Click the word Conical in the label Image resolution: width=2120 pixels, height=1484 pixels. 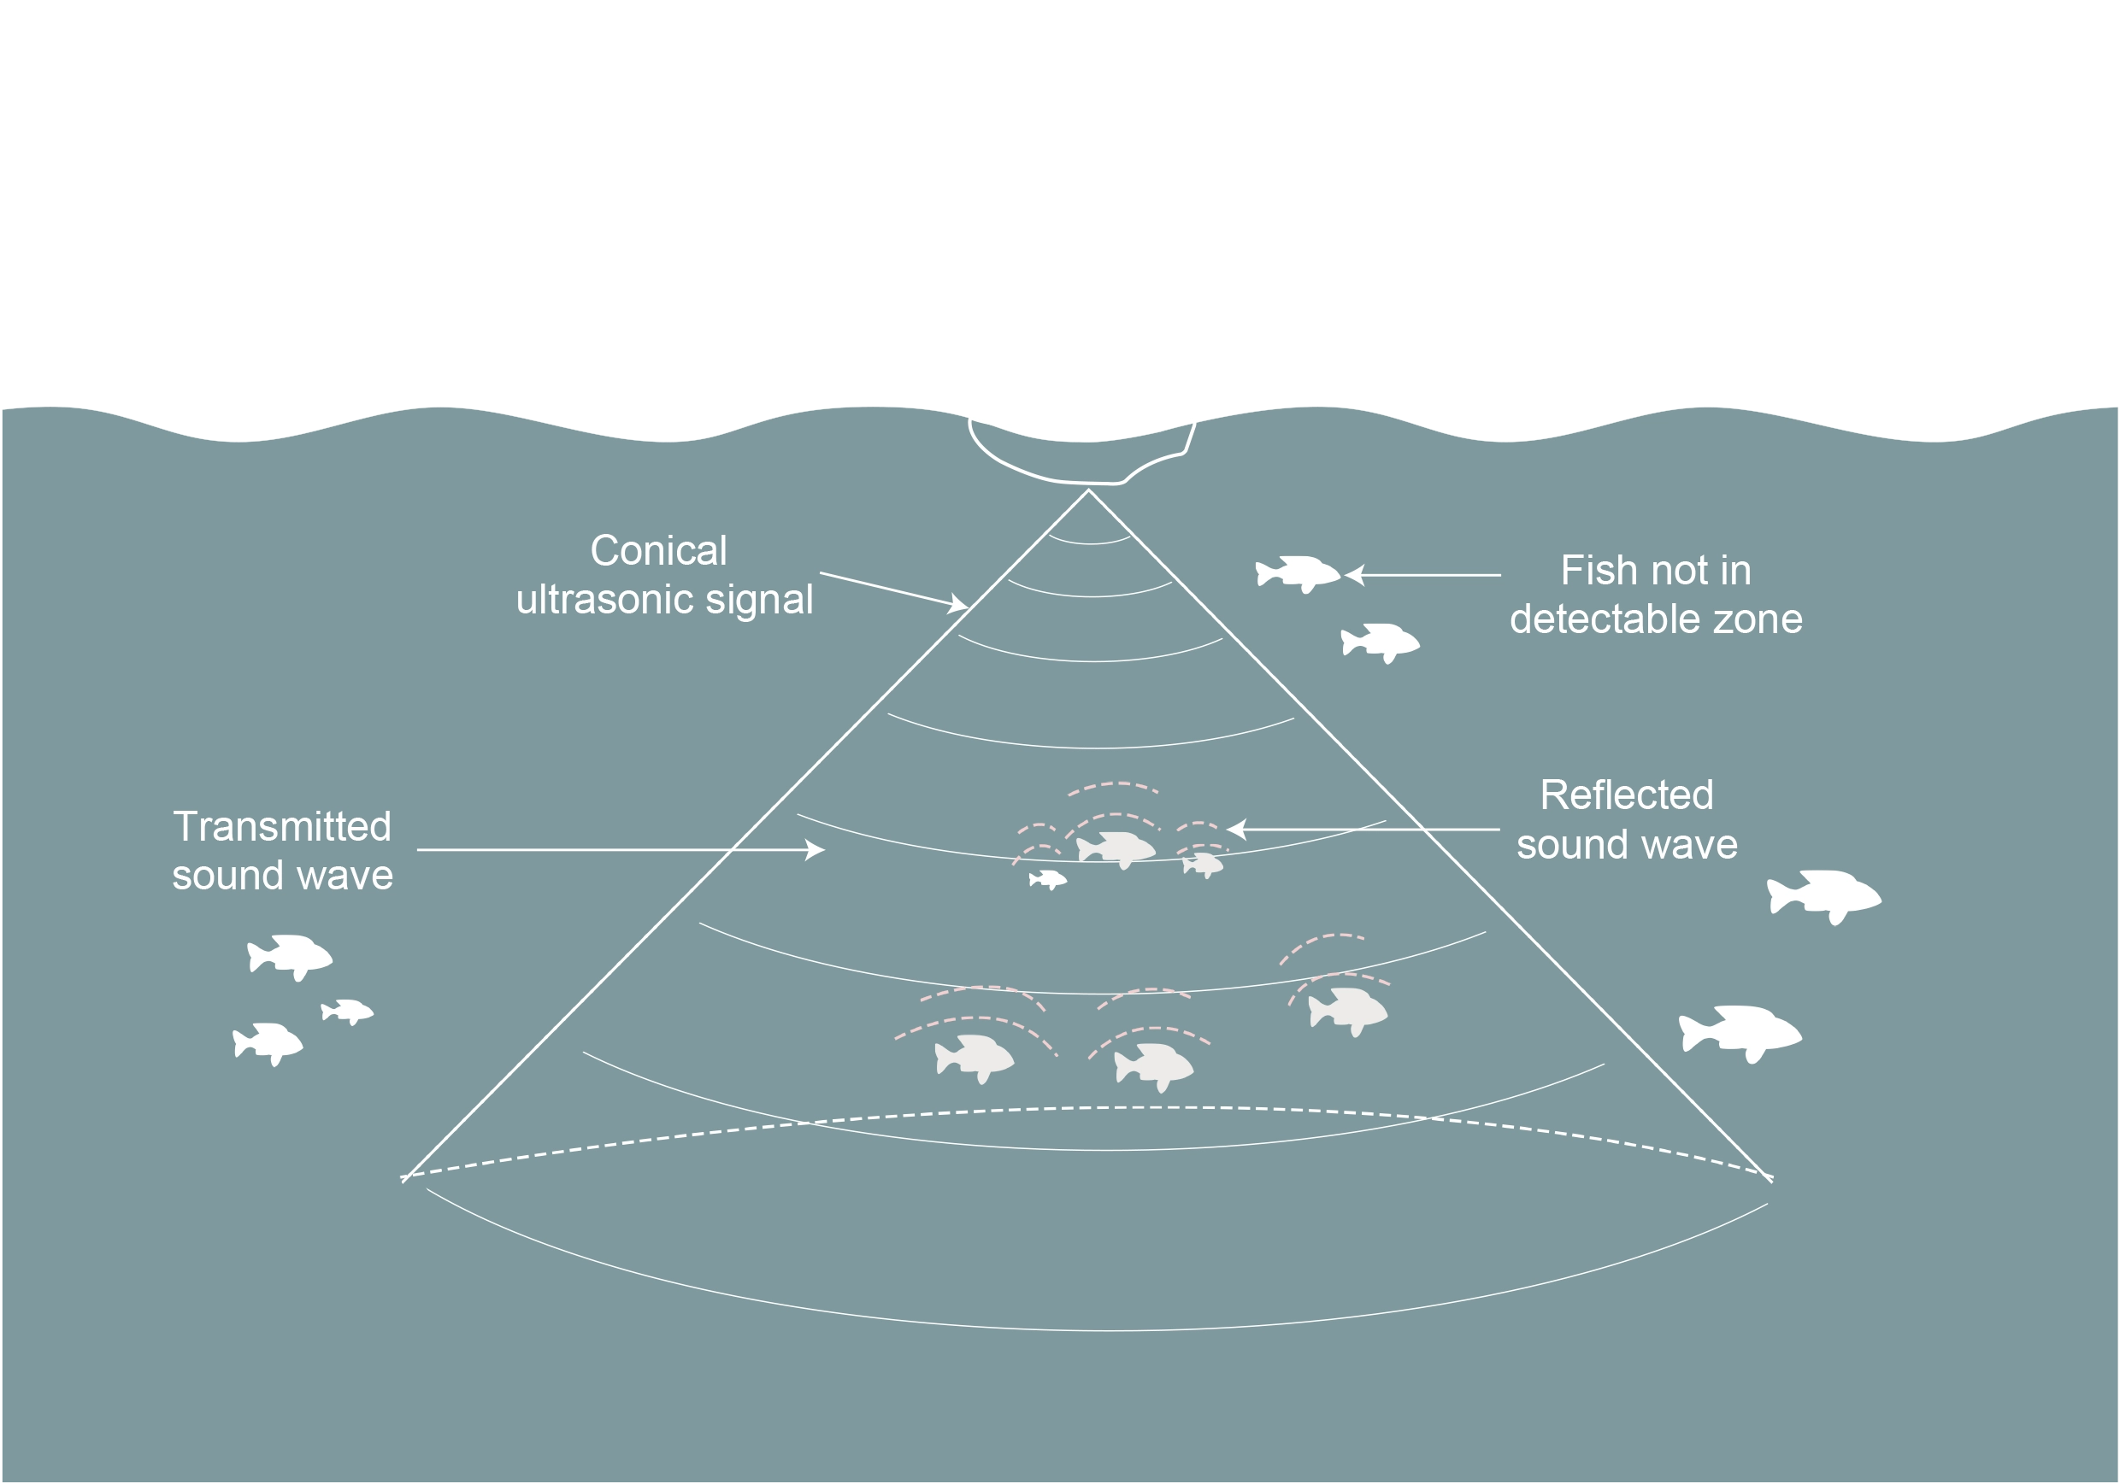[658, 551]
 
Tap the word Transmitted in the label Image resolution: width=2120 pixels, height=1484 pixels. [281, 826]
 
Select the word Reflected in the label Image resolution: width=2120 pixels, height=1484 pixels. [1626, 795]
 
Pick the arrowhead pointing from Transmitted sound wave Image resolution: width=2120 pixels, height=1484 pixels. [816, 849]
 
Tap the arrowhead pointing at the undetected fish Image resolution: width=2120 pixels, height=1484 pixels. [1353, 575]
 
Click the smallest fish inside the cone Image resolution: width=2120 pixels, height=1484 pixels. [1048, 879]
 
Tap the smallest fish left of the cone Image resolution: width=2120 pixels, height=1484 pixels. [347, 1012]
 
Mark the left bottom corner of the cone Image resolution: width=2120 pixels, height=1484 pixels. [403, 1180]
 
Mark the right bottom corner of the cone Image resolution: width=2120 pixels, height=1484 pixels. [1771, 1180]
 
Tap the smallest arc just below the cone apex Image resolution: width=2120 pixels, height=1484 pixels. [1090, 541]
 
